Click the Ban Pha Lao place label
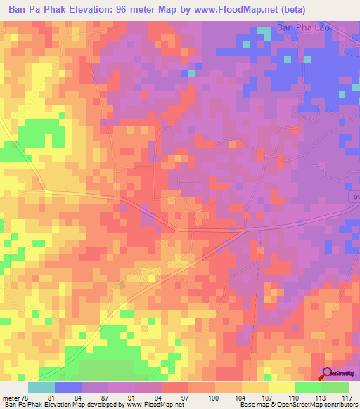tap(304, 28)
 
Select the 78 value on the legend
tap(27, 397)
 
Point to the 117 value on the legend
tap(345, 397)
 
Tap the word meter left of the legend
tap(11, 397)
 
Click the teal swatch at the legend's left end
tap(41, 387)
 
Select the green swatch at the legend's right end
tap(335, 387)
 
